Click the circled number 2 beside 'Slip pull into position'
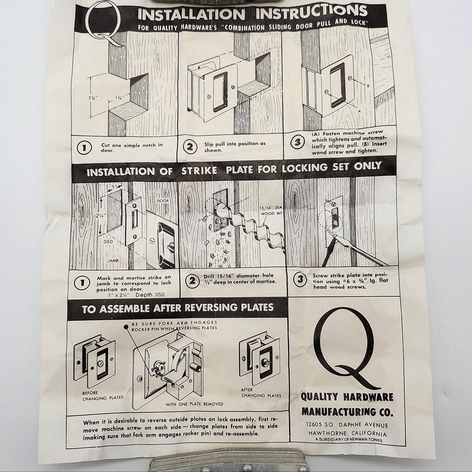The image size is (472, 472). click(x=189, y=146)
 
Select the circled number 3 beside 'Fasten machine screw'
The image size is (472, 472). click(x=297, y=142)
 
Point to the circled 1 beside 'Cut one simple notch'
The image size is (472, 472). click(x=84, y=148)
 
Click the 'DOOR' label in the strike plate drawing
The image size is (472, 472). click(x=163, y=201)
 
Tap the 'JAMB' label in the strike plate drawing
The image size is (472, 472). click(x=113, y=260)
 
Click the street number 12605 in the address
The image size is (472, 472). click(x=314, y=424)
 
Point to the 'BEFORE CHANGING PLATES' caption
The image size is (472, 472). click(x=103, y=395)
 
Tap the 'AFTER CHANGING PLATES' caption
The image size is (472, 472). click(x=261, y=392)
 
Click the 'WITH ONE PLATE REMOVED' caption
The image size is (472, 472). click(x=194, y=404)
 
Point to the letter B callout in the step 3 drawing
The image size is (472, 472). click(x=368, y=86)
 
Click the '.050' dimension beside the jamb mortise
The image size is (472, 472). click(x=107, y=241)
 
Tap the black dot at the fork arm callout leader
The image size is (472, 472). click(x=126, y=327)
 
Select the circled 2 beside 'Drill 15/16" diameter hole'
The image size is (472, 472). click(x=192, y=281)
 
